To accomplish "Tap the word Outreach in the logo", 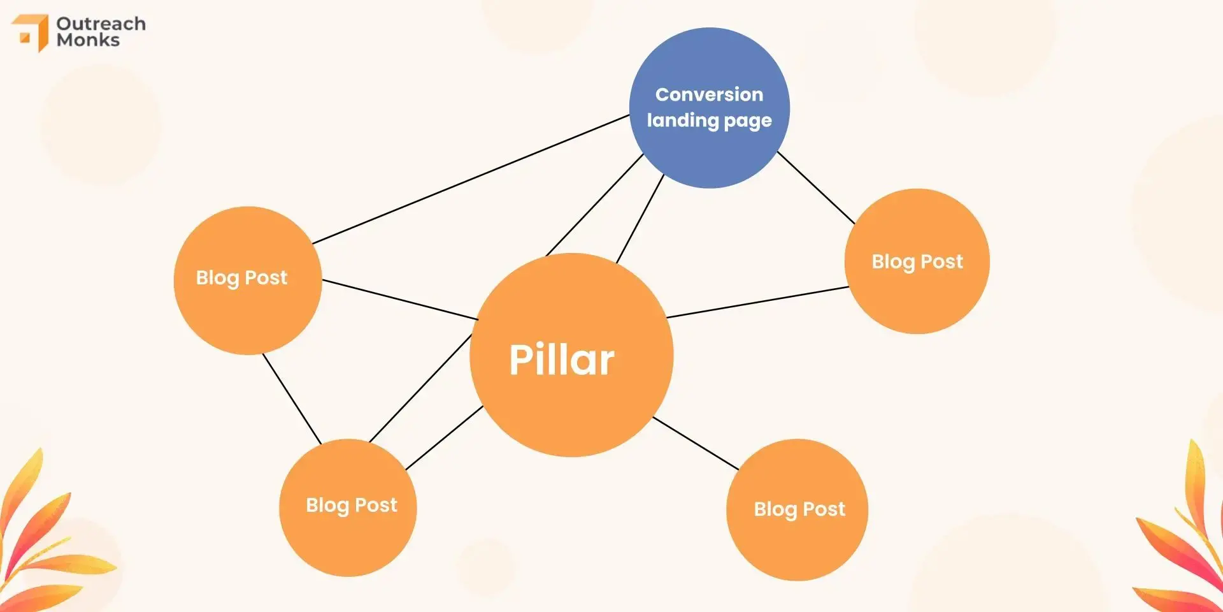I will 101,24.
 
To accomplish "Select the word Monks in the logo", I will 88,40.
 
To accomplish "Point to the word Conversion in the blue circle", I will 709,94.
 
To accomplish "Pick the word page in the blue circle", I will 748,121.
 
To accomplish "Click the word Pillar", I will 561,360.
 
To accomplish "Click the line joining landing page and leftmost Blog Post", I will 471,179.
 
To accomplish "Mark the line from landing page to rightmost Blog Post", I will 816,187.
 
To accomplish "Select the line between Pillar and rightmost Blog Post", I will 758,302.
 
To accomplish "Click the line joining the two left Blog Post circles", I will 292,398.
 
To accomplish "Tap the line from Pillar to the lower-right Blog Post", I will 696,443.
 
